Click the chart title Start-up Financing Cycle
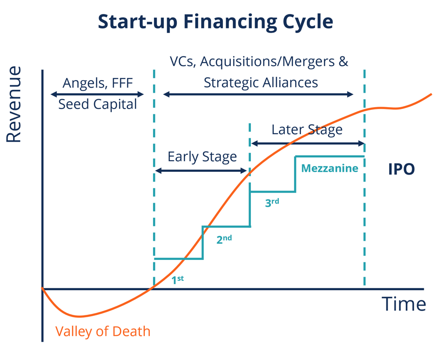[216, 22]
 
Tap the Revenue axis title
[13, 104]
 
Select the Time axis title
[404, 304]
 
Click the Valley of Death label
[103, 331]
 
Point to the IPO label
[401, 169]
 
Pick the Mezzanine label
[330, 168]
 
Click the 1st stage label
[178, 280]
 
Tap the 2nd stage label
[224, 240]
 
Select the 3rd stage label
[272, 203]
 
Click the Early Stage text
[202, 156]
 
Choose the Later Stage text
[307, 129]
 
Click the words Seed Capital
[98, 104]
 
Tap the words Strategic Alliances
[261, 82]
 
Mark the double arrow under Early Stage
[201, 171]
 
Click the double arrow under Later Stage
[307, 143]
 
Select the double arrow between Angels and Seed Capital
[97, 94]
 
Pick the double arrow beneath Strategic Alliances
[258, 94]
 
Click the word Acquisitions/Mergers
[271, 62]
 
